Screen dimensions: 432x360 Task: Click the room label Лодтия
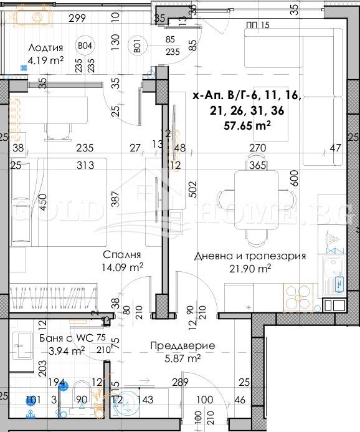[46, 48]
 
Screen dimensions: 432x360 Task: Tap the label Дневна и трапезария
[249, 256]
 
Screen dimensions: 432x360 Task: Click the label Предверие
[183, 345]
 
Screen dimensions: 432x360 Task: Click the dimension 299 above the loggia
[77, 18]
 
